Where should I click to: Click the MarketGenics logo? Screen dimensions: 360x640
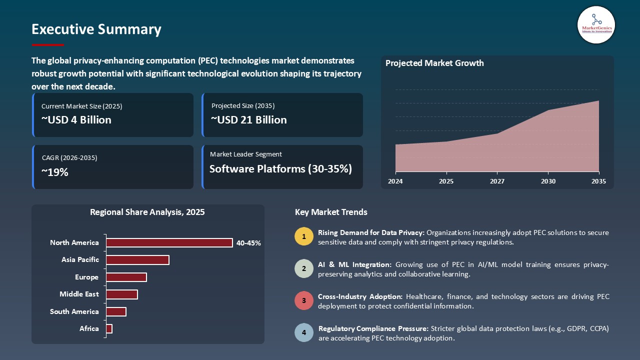tap(596, 24)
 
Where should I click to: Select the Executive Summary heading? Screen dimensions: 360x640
tap(96, 29)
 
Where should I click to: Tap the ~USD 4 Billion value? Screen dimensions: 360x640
tap(76, 120)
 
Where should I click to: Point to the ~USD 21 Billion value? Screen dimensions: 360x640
tap(248, 120)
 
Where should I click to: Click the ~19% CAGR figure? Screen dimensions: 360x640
tap(55, 172)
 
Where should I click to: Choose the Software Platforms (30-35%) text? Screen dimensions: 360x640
tap(280, 169)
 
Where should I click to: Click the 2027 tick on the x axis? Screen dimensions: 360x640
tap(497, 181)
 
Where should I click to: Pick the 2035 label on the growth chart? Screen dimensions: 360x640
tap(598, 181)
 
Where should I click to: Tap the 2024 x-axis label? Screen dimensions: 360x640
tap(395, 181)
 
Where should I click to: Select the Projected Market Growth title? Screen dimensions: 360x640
tap(434, 63)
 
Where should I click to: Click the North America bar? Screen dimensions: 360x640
tap(169, 242)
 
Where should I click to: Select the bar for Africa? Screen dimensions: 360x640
tap(109, 328)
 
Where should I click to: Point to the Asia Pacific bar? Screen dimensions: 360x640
tap(137, 260)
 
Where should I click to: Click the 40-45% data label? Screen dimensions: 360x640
tap(249, 243)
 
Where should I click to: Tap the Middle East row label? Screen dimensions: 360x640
tap(79, 294)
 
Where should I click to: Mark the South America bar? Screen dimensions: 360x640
tap(116, 311)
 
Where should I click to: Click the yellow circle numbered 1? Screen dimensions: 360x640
tap(303, 236)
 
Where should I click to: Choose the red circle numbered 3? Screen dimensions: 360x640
tap(303, 301)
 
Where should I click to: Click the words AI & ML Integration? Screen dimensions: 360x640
tap(355, 264)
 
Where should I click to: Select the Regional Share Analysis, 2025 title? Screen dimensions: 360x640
tap(147, 212)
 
